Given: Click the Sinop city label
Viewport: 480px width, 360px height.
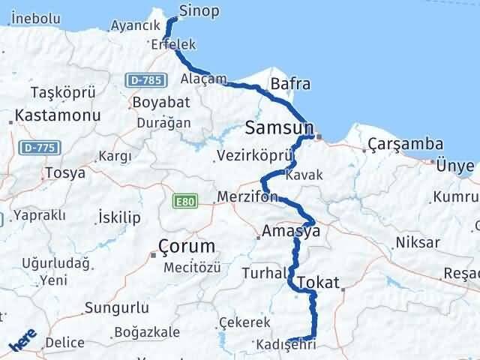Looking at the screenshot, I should coord(199,10).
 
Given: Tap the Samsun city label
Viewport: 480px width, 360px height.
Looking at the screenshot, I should coord(278,129).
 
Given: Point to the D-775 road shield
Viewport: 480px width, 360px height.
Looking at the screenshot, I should coord(35,148).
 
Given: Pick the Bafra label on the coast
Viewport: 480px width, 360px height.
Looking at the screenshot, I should coord(290,84).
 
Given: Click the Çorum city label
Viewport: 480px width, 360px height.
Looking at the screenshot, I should coord(187,246).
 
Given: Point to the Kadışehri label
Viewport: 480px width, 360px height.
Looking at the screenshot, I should coord(283,344).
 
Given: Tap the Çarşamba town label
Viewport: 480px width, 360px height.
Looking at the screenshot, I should coord(405,145).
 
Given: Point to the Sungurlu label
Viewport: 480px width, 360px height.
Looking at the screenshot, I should coord(112,307).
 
